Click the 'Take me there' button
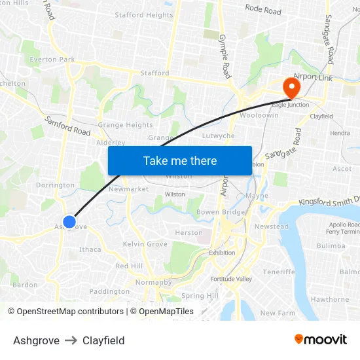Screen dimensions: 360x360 click(x=180, y=160)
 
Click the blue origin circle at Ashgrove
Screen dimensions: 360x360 click(x=69, y=223)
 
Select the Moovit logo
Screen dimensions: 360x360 click(x=321, y=340)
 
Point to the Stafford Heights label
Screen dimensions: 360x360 click(x=144, y=15)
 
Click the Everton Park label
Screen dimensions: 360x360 click(x=52, y=60)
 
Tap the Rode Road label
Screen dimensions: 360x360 click(x=263, y=10)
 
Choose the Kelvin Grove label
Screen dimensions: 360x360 click(x=145, y=244)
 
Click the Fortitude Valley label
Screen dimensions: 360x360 click(x=231, y=279)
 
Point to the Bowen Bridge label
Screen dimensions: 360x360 click(x=221, y=212)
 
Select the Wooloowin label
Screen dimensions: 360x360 click(x=259, y=115)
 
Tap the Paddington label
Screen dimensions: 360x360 click(x=109, y=291)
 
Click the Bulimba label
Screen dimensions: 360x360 click(x=331, y=246)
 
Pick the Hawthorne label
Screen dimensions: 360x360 click(x=330, y=299)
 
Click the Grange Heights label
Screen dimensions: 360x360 click(x=125, y=125)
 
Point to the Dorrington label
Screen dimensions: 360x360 click(x=55, y=185)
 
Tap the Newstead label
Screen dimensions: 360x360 click(x=271, y=226)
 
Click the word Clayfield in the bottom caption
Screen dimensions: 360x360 click(x=103, y=340)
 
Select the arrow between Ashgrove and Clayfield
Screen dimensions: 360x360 click(x=71, y=340)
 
